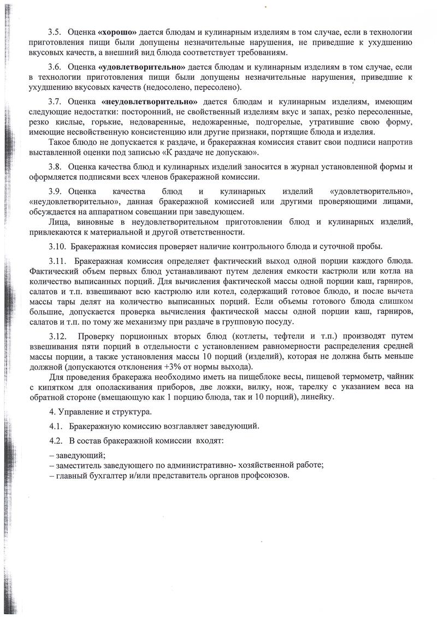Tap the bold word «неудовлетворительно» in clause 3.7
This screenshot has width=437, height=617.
(x=150, y=102)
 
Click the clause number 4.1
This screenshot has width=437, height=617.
(x=55, y=426)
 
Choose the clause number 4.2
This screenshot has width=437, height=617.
(x=55, y=440)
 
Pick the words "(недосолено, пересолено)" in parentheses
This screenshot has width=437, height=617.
(x=188, y=87)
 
